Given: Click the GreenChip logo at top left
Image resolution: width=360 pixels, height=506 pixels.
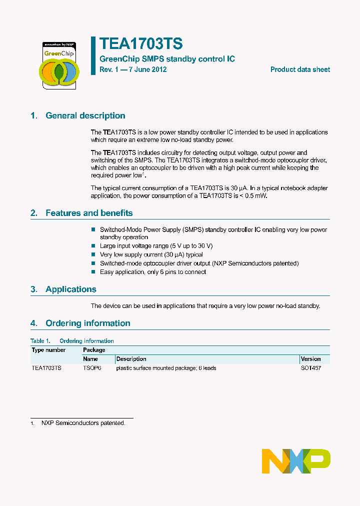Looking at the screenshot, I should coord(59,65).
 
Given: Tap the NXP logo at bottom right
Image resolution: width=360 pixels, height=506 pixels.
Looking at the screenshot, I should coord(296,461).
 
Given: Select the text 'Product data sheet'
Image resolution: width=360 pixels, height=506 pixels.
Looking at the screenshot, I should coord(300,69).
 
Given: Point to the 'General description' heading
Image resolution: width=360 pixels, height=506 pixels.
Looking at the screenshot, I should coord(85,115).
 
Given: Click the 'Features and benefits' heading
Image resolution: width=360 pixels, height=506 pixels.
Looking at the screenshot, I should coord(89,213).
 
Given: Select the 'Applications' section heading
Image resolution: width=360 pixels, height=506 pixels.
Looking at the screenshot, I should coord(70,289).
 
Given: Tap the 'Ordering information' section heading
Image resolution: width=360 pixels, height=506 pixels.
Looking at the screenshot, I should coord(87,323).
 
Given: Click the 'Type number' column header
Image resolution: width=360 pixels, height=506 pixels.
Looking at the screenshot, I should coord(48,350).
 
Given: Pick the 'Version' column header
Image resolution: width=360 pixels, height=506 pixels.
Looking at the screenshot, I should coord(310,359).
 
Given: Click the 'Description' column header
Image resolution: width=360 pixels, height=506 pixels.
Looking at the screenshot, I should coord(131,359).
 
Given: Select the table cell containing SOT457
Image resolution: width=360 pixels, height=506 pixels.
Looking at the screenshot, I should coord(310,368).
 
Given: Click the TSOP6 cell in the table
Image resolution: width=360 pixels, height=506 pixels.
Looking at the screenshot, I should coord(92,368).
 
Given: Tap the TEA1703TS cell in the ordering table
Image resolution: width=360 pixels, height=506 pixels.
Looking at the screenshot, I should coord(46,368).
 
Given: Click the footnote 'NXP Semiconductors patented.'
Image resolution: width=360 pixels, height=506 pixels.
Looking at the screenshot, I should coord(83,423).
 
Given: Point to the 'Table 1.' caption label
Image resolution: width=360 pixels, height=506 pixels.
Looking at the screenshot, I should coord(40,341).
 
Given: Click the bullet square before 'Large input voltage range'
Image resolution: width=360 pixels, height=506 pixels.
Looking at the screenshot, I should coord(93,246).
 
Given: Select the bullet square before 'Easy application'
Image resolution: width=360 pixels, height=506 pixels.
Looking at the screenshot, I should coord(93,272).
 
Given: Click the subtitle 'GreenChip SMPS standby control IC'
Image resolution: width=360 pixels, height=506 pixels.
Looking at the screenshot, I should coord(167,59).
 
